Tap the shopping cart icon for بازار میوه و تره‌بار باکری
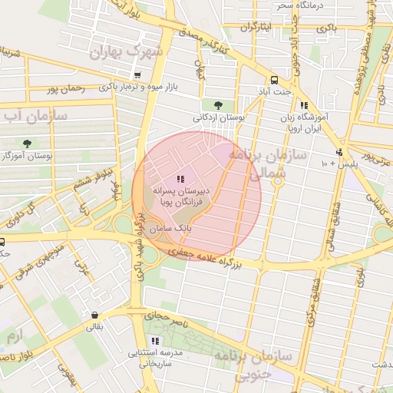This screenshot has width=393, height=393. pyautogui.click(x=137, y=75)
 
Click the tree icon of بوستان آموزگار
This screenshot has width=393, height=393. pyautogui.click(x=28, y=144)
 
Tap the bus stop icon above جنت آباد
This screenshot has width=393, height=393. pyautogui.click(x=274, y=81)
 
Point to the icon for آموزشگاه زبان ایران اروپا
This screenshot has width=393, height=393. pyautogui.click(x=304, y=105)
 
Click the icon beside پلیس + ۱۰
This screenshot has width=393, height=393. pyautogui.click(x=339, y=152)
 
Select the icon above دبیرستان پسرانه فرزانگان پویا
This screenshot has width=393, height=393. pyautogui.click(x=180, y=178)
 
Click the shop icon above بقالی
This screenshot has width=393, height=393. pyautogui.click(x=94, y=315)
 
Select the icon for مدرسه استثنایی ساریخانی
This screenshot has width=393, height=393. pyautogui.click(x=156, y=340)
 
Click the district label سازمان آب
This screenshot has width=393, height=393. pyautogui.click(x=35, y=116)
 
